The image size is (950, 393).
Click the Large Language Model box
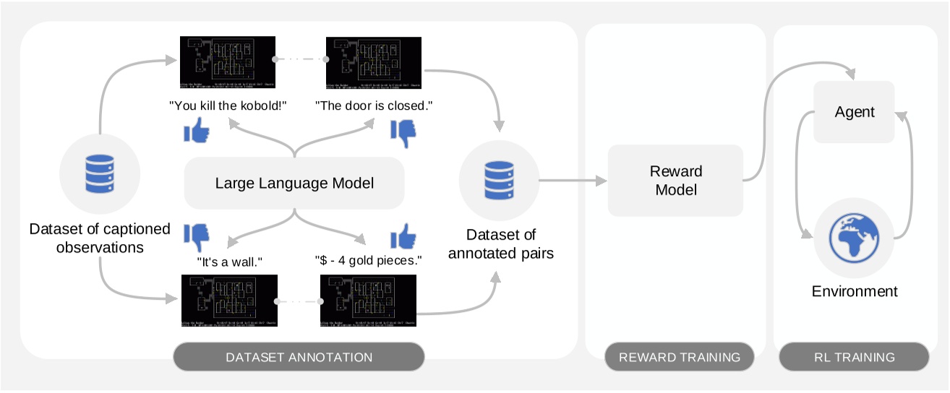tap(294, 183)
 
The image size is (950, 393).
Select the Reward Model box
tap(675, 181)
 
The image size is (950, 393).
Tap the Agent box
tap(854, 112)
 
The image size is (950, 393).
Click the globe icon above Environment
tap(854, 239)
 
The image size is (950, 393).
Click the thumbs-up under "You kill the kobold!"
tap(196, 131)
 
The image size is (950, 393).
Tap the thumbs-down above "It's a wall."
tap(196, 236)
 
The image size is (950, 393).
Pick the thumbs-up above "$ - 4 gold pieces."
tap(403, 236)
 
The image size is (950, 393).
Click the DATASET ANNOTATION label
tap(299, 357)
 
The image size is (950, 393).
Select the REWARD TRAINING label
tap(680, 357)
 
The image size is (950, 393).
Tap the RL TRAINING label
tap(854, 357)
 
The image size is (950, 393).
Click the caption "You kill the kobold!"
tap(228, 105)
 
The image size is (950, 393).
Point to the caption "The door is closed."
tap(374, 105)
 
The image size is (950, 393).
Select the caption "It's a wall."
tap(228, 262)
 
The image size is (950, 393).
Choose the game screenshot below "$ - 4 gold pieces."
tap(368, 302)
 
